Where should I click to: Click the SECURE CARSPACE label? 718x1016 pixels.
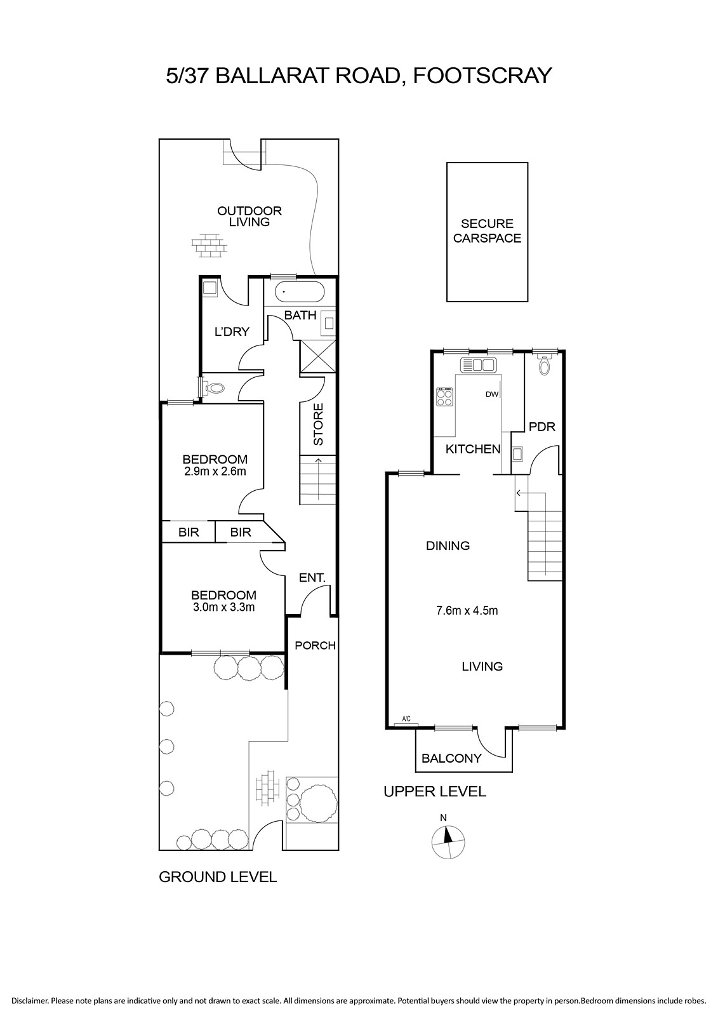(x=487, y=231)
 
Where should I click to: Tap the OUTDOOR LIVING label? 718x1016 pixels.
(x=249, y=217)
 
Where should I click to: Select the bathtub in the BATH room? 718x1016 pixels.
(x=300, y=291)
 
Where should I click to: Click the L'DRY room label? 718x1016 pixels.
(x=232, y=331)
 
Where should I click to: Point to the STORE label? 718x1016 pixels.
(x=319, y=424)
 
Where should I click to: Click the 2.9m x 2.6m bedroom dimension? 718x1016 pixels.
(x=215, y=471)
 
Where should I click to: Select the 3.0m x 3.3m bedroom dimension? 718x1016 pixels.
(x=223, y=607)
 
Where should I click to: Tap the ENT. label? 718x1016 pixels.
(x=312, y=578)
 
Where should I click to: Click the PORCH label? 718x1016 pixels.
(x=316, y=645)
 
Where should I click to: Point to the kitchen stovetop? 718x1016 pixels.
(x=445, y=398)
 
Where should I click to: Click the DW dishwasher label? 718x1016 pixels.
(x=491, y=394)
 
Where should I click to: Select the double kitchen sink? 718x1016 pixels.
(x=479, y=364)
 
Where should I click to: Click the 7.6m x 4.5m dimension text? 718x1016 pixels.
(x=467, y=610)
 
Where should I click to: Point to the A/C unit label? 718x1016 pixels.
(x=406, y=719)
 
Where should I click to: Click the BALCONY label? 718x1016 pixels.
(x=451, y=758)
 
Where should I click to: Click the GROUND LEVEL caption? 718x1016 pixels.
(x=218, y=877)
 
